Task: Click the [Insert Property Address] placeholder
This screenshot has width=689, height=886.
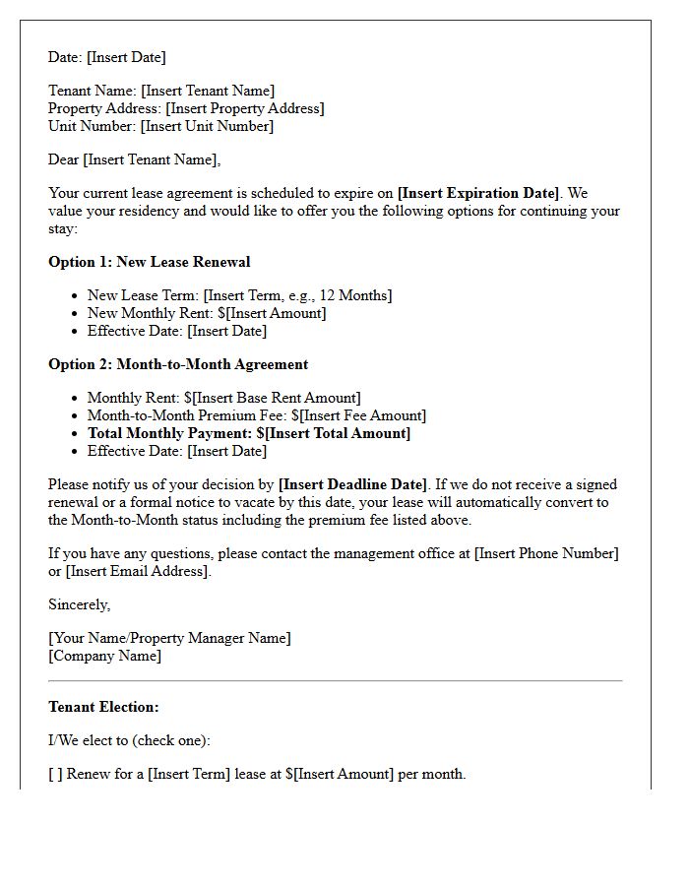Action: (245, 108)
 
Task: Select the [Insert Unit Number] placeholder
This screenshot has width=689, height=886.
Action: (207, 126)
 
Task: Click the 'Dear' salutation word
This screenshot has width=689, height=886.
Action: (64, 159)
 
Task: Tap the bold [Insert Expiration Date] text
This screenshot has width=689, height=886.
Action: (477, 193)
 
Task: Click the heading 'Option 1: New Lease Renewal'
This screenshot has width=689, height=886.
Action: (149, 262)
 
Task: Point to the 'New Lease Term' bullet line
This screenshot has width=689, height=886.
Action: (239, 295)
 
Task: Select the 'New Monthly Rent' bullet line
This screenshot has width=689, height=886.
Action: (207, 313)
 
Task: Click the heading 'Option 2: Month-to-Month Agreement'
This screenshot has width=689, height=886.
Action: (178, 364)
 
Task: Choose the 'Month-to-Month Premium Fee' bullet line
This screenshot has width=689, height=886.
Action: (256, 415)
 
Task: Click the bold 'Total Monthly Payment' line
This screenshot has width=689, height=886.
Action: (248, 433)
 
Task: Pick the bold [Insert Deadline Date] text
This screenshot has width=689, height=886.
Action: (353, 484)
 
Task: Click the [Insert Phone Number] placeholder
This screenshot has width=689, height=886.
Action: (546, 553)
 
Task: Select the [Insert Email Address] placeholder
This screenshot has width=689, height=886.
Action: (138, 571)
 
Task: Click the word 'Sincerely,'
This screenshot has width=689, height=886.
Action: (80, 604)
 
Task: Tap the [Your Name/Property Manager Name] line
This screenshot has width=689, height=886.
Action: (169, 638)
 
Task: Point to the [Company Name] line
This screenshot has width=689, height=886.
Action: (104, 656)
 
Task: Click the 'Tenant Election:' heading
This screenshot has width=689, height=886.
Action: (103, 707)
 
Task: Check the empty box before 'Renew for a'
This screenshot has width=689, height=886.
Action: (55, 774)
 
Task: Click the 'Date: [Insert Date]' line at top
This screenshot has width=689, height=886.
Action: (106, 57)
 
